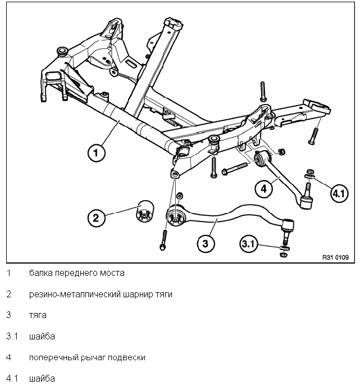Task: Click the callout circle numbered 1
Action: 96,152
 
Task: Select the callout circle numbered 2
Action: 96,217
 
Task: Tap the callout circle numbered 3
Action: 206,243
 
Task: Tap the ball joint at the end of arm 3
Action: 287,226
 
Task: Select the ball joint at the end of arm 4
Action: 307,202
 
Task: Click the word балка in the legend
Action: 41,273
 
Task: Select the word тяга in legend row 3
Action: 38,315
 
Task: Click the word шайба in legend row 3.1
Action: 42,336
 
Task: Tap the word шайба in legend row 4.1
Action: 42,378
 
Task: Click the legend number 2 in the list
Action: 8,294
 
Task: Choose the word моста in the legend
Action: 111,273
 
